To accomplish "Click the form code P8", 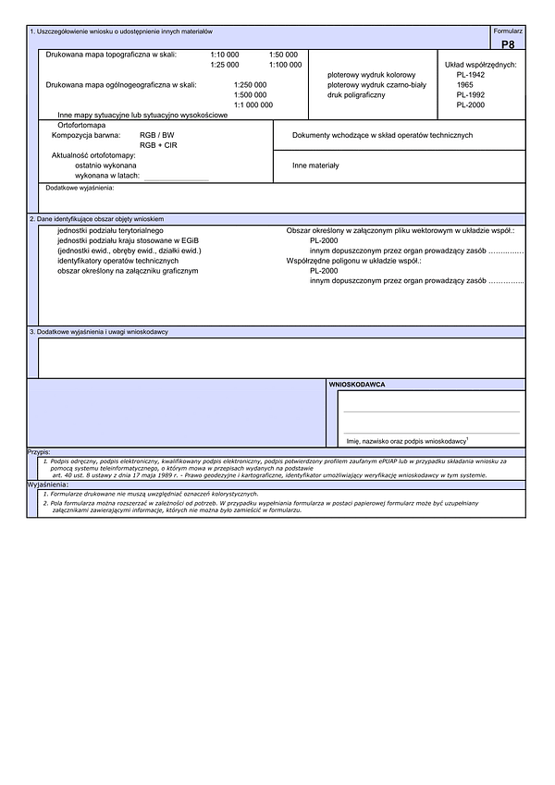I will [508, 43].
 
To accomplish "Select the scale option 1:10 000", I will [225, 55].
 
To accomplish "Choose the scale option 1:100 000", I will [285, 65].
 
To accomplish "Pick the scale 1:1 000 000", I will [253, 104].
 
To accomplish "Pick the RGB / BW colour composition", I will [156, 135].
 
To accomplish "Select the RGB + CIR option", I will [158, 145].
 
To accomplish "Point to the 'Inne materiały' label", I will [315, 166].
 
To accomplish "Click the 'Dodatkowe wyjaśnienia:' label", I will [80, 188].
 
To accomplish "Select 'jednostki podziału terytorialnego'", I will [110, 229].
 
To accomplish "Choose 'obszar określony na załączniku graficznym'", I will [128, 270].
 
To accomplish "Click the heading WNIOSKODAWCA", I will [357, 383].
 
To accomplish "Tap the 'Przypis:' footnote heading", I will [39, 452].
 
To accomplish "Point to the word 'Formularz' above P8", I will [508, 31].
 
